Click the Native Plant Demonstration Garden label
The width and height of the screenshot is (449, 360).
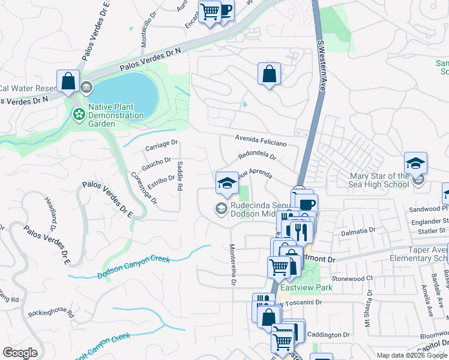click(116, 115)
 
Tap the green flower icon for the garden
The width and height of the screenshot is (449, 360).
click(79, 113)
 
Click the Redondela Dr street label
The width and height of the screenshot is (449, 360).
click(256, 155)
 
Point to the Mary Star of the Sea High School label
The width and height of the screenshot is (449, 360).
click(381, 180)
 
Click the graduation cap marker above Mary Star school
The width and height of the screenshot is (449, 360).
click(415, 163)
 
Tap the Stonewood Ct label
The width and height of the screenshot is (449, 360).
click(353, 278)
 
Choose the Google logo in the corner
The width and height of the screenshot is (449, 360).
click(20, 353)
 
